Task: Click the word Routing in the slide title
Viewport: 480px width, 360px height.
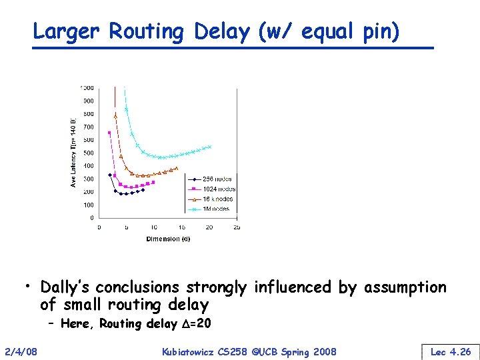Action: coord(146,31)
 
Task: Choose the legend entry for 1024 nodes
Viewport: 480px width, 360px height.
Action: coord(219,189)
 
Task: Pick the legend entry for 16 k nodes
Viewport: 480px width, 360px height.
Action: coord(218,199)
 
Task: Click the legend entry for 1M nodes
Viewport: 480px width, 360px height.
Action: coord(216,209)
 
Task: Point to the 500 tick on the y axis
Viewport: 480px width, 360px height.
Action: coord(88,140)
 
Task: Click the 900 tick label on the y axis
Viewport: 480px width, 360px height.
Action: coord(88,101)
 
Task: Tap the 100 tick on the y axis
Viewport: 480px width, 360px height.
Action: coord(88,205)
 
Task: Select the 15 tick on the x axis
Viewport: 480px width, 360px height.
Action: coord(181,227)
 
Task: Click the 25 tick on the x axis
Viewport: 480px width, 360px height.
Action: coord(237,227)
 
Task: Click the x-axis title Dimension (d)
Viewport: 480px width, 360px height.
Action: coord(168,239)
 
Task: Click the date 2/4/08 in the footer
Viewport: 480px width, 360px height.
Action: coord(21,351)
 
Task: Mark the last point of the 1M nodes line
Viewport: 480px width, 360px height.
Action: coord(210,147)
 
